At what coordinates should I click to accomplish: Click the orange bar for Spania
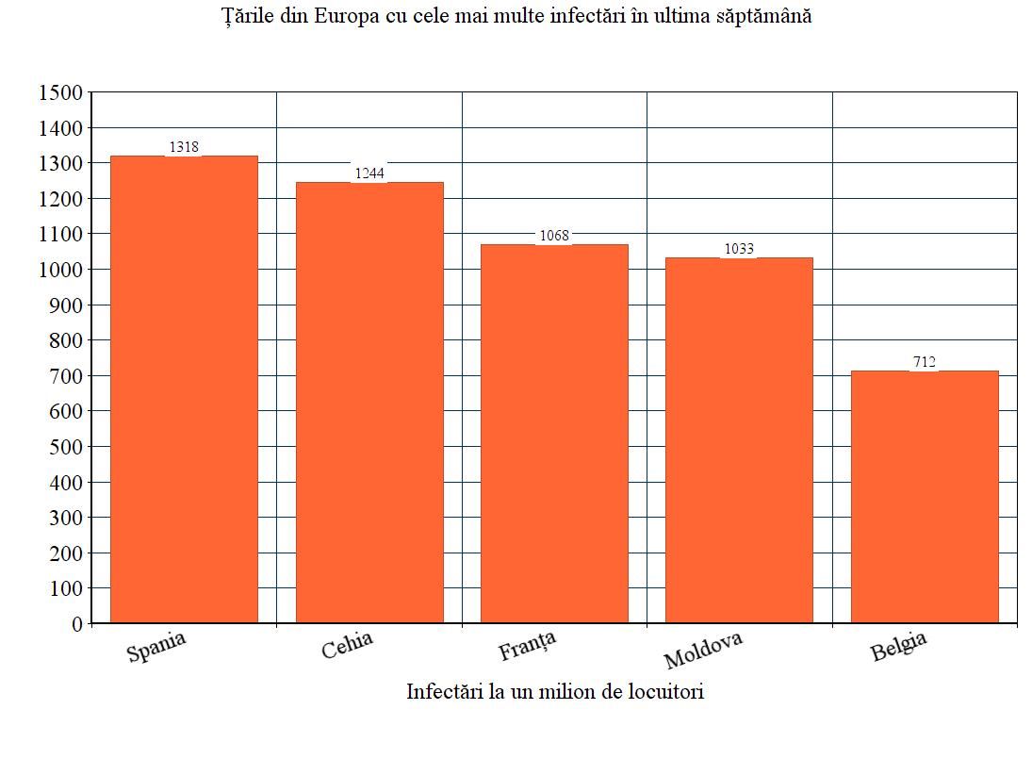[184, 389]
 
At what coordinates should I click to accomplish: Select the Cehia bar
[369, 403]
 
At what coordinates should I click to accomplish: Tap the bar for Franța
[554, 433]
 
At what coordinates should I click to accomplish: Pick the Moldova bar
[739, 439]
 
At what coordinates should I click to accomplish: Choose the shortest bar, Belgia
[925, 496]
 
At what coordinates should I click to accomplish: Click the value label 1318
[184, 147]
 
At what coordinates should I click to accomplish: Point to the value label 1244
[369, 173]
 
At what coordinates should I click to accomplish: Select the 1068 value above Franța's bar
[554, 235]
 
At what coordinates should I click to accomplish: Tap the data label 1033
[739, 248]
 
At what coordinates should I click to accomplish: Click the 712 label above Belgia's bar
[925, 361]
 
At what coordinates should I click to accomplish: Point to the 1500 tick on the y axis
[60, 92]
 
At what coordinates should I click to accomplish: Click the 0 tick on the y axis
[77, 624]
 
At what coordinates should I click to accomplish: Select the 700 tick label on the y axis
[66, 376]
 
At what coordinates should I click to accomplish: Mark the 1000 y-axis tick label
[60, 270]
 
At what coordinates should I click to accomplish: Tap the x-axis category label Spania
[156, 647]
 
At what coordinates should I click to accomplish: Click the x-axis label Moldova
[703, 650]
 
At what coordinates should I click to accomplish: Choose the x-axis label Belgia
[898, 646]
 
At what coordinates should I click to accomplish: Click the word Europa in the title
[346, 15]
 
